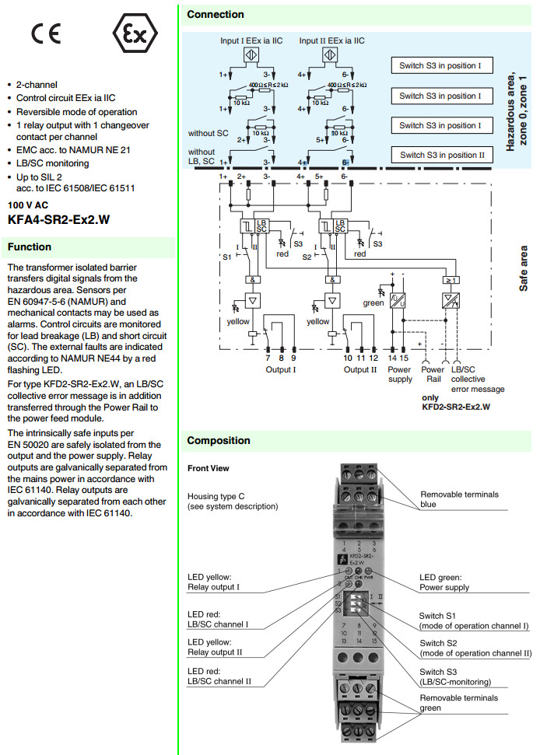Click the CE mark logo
click(45, 34)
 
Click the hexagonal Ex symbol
click(135, 34)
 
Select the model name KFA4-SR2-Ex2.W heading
click(58, 220)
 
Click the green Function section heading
click(30, 247)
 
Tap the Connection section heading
click(216, 14)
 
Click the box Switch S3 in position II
click(442, 155)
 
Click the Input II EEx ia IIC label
click(333, 40)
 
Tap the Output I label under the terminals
click(280, 369)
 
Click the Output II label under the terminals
click(361, 369)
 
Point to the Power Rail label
click(433, 375)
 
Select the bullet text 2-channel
click(37, 84)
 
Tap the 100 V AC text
click(28, 205)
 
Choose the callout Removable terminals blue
click(460, 499)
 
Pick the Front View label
click(209, 469)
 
